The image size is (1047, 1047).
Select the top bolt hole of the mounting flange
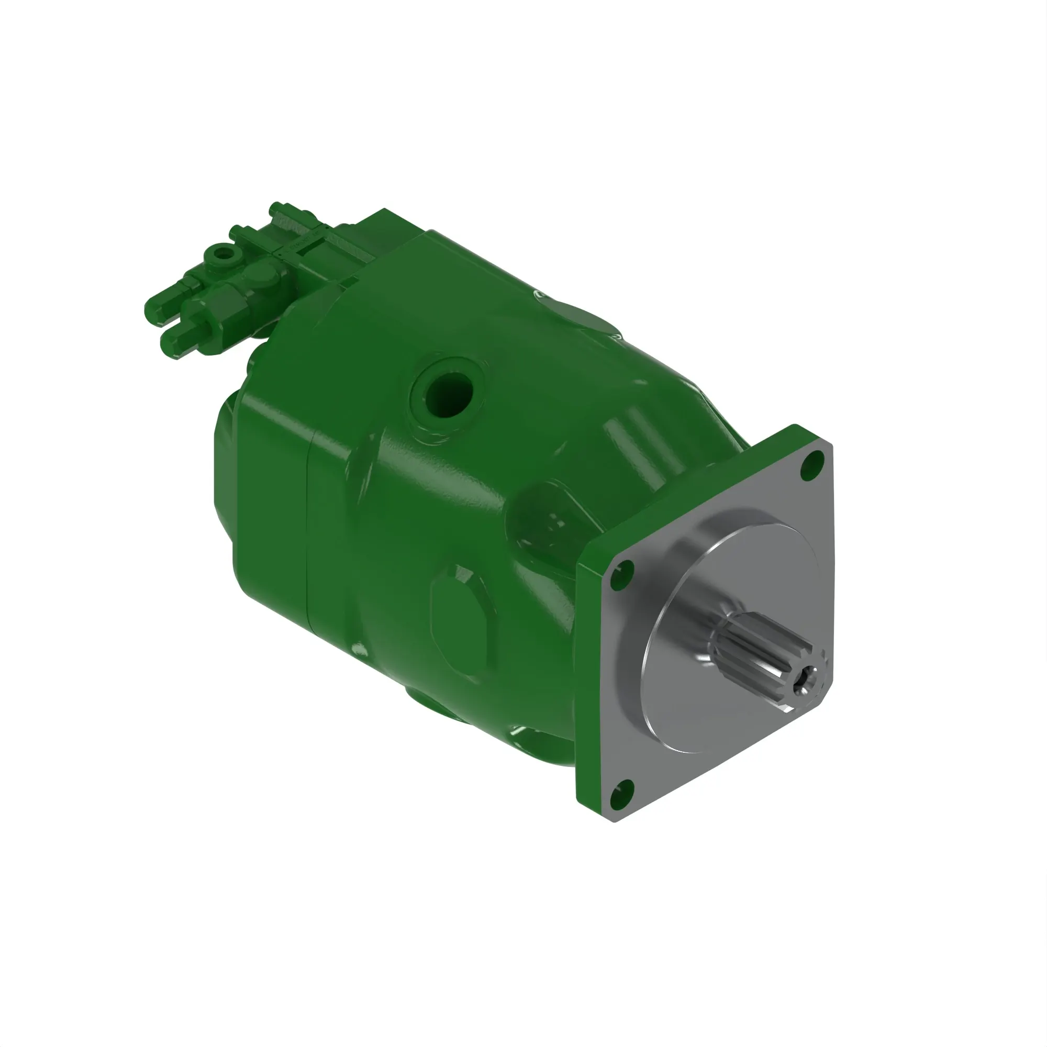coord(812,464)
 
